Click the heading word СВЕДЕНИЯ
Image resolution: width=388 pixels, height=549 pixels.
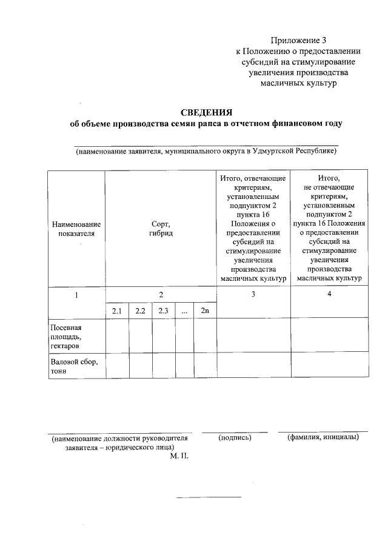(207, 113)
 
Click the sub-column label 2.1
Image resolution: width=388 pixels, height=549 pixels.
(117, 311)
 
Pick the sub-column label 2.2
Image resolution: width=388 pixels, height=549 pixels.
(140, 311)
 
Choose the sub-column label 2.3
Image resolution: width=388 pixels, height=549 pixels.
(163, 311)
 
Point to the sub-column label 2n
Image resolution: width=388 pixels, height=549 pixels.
(204, 311)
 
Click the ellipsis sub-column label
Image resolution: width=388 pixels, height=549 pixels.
(184, 311)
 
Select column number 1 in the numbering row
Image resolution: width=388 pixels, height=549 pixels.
(76, 295)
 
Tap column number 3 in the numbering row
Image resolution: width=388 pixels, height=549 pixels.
(253, 295)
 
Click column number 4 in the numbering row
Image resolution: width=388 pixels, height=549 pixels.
(329, 295)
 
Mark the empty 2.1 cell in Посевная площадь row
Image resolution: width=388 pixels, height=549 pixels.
(117, 335)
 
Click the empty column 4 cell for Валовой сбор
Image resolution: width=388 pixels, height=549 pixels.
(329, 365)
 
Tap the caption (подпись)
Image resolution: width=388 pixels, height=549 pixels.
(234, 437)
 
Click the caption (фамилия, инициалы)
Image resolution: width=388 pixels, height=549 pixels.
(323, 437)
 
